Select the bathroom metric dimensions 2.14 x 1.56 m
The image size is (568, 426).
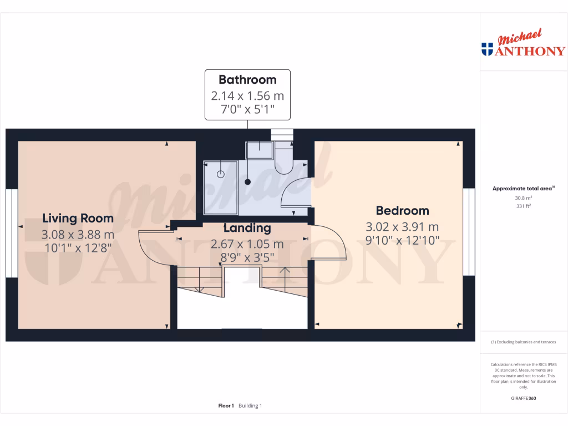click(247, 95)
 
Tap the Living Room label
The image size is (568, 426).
click(78, 218)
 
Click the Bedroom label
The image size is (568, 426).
click(402, 211)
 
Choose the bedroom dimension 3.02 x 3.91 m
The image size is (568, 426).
click(402, 227)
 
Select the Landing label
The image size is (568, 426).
click(247, 228)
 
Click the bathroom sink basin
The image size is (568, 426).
click(259, 150)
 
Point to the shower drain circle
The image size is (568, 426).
click(221, 174)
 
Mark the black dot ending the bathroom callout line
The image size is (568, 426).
click(248, 182)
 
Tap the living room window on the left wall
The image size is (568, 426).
click(12, 232)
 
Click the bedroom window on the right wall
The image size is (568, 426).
click(469, 232)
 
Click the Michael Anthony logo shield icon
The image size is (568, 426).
click(488, 49)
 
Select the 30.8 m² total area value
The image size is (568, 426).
click(524, 198)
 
